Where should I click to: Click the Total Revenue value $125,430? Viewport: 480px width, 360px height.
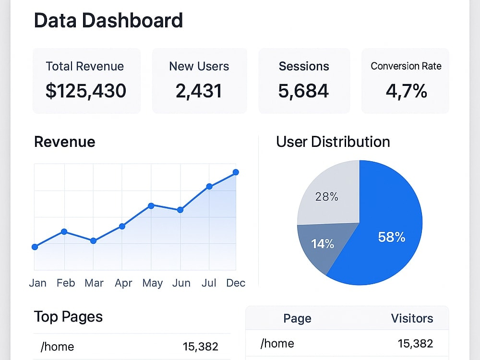86,91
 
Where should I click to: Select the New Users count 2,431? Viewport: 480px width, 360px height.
199,91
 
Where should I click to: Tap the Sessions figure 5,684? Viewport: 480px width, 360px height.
303,91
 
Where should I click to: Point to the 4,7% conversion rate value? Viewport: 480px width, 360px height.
406,91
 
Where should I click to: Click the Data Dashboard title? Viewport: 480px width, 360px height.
108,21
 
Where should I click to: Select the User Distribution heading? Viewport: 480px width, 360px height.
333,142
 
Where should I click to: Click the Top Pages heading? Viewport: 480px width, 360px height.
68,316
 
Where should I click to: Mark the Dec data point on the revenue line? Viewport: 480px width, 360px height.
236,172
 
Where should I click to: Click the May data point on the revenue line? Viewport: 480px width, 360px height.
151,206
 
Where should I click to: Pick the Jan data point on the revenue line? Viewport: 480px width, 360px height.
35,247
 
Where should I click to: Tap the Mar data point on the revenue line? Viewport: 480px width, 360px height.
94,241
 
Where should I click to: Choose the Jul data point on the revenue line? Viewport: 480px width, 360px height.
209,186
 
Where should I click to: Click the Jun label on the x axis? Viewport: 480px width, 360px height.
181,283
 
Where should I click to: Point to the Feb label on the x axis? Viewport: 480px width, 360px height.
66,283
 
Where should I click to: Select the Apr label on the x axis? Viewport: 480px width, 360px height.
123,283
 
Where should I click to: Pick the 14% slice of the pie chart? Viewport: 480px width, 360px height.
322,245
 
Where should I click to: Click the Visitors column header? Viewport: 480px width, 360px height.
412,318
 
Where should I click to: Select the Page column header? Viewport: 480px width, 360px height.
297,319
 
